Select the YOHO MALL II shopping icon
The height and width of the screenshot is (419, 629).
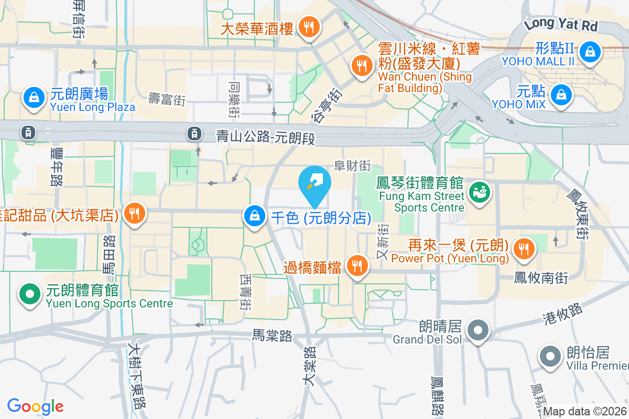590,52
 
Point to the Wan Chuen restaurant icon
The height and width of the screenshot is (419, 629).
361,66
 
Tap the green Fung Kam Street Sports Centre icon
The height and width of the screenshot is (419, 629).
478,192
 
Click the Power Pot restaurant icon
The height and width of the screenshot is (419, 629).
523,248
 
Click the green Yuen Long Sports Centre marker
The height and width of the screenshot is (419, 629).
29,294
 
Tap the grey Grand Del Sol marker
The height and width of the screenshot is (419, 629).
478,330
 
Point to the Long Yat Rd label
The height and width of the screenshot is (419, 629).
561,24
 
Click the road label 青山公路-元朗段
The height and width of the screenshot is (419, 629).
266,137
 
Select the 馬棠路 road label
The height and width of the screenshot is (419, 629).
272,336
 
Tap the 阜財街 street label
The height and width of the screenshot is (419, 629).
353,166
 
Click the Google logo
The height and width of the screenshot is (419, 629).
35,406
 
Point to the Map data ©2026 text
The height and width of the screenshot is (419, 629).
585,412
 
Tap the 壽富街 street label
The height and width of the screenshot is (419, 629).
167,98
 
